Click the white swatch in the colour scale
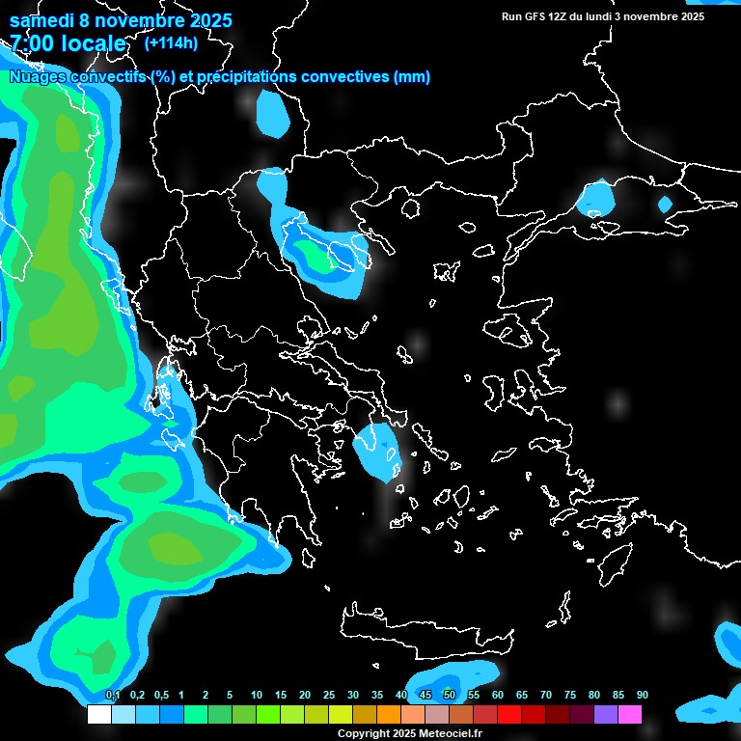pos(98,715)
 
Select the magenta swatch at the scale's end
pos(630,715)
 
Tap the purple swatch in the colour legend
pos(606,715)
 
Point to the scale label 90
pos(642,696)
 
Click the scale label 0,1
pos(112,696)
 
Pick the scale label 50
pos(450,696)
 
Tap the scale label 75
pos(569,696)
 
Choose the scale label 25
pos(329,696)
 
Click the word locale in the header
pos(88,43)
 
